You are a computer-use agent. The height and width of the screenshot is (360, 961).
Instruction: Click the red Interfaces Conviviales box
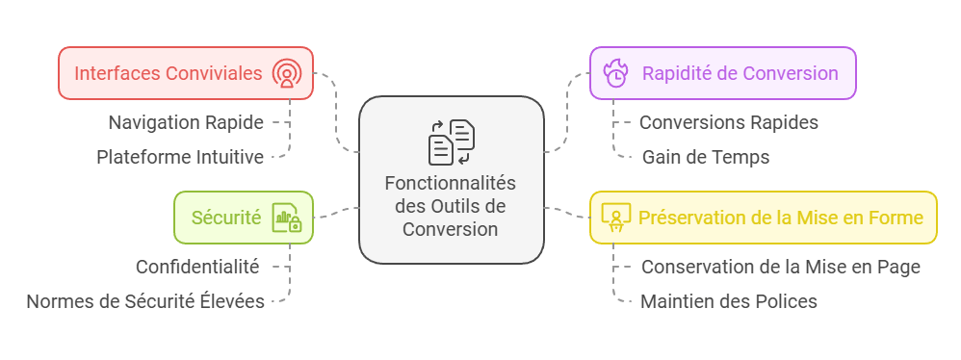(186, 73)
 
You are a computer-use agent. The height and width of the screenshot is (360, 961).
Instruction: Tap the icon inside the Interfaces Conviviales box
(286, 73)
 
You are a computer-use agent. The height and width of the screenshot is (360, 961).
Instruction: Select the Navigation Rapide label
(186, 122)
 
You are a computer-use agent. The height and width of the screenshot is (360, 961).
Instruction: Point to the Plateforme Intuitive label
(180, 157)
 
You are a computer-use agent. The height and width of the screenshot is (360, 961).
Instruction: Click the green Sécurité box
(243, 217)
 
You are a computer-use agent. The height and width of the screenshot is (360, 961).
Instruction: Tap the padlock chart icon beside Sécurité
(286, 218)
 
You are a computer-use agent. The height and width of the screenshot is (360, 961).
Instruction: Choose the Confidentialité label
(197, 267)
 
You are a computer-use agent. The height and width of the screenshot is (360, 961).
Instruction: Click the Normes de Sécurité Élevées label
(145, 301)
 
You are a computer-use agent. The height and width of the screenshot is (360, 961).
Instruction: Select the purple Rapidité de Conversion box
(722, 73)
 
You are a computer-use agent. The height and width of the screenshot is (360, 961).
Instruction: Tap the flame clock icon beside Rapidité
(615, 73)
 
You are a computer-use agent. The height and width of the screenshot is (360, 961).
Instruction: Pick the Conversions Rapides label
(728, 122)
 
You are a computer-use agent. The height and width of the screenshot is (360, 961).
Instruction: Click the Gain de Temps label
(706, 157)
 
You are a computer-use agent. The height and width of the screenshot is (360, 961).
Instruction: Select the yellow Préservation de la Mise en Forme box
(763, 217)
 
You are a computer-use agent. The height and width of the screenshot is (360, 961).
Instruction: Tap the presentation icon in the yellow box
(615, 217)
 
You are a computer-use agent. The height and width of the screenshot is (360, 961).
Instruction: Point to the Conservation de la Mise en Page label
(781, 267)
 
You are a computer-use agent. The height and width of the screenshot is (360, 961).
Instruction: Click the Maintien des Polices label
(729, 301)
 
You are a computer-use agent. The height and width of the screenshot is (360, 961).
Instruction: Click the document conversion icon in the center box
(451, 141)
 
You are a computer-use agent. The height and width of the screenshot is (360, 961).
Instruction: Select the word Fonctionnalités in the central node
(451, 183)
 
